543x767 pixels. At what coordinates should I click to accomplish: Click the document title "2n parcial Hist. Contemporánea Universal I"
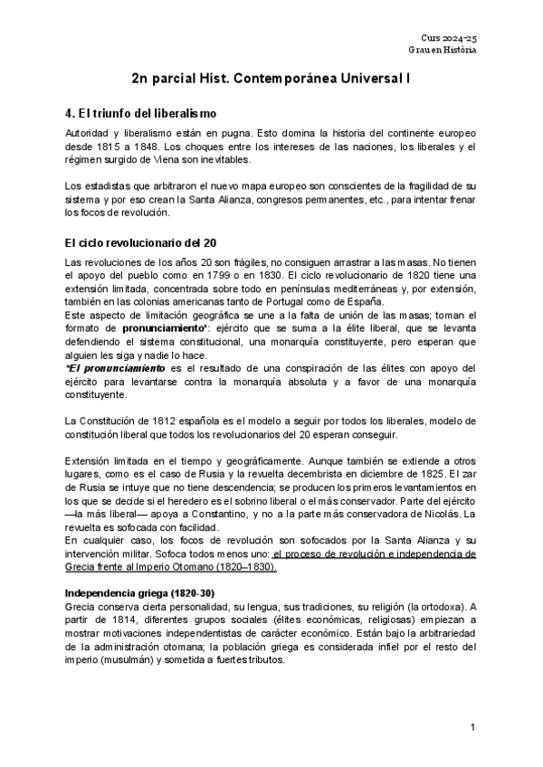pyautogui.click(x=271, y=80)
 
